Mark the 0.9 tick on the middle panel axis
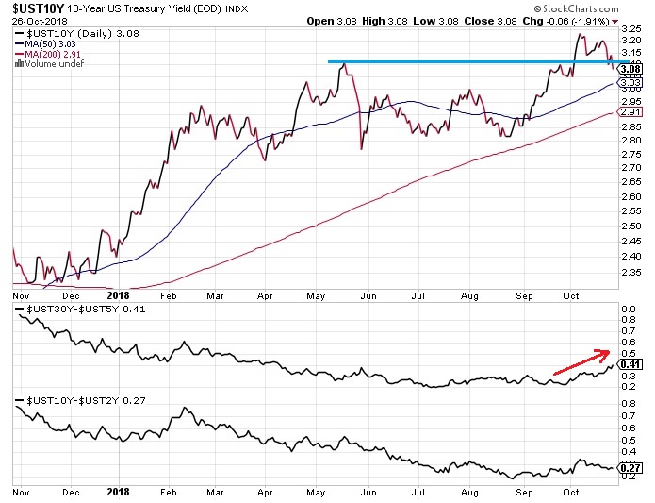coord(627,309)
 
